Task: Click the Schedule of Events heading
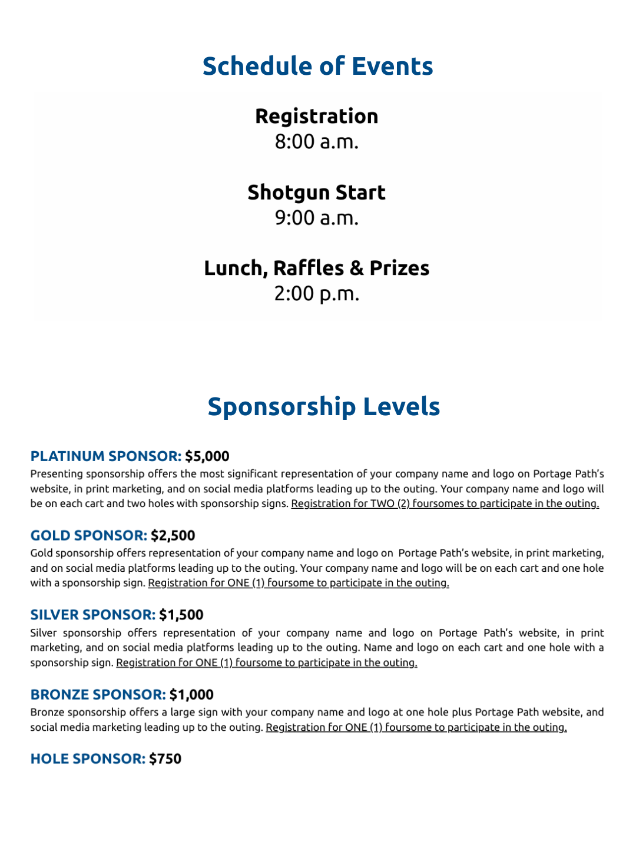[x=317, y=66]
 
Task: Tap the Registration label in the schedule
[x=317, y=116]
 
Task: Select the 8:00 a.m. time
[x=317, y=142]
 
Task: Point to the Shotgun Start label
[x=317, y=193]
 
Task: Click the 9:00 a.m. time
[x=317, y=218]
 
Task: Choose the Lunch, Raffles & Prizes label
[x=317, y=268]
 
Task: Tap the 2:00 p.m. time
[x=317, y=293]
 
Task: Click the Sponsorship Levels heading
[x=323, y=406]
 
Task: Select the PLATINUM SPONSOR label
[x=106, y=456]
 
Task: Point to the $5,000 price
[x=207, y=456]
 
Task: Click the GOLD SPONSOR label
[x=89, y=535]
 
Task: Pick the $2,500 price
[x=173, y=535]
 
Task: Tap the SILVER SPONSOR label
[x=93, y=615]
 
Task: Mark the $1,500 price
[x=181, y=615]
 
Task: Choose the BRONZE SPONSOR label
[x=98, y=694]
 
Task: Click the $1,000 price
[x=191, y=694]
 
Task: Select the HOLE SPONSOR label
[x=88, y=758]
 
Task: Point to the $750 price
[x=165, y=758]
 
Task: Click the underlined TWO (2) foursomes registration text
[x=445, y=503]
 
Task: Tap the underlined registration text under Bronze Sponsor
[x=416, y=727]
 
